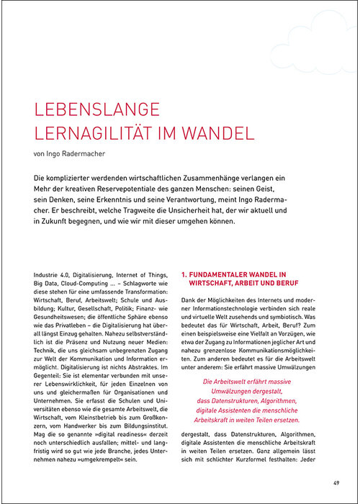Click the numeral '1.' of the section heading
pyautogui.click(x=184, y=274)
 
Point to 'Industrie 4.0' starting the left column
pyautogui.click(x=53, y=274)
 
